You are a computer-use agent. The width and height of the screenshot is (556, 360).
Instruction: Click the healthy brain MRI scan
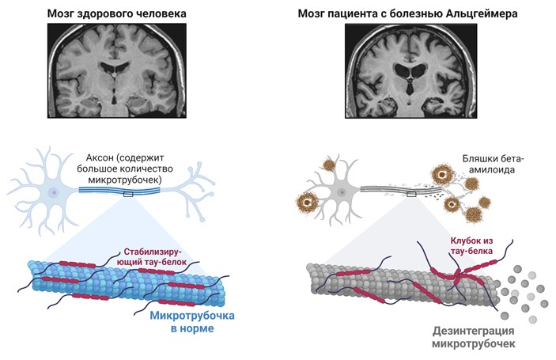tap(117, 70)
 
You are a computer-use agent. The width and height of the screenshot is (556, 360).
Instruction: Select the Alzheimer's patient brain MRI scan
tap(410, 70)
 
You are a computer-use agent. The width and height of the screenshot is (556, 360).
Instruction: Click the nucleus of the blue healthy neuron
tap(54, 192)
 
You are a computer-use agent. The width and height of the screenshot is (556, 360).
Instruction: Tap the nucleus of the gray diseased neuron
tap(342, 192)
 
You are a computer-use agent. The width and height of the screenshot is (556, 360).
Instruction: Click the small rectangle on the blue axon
tap(128, 194)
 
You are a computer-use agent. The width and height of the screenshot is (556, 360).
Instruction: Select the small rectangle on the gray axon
tap(411, 194)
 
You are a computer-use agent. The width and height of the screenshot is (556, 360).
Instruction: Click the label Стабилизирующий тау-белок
tap(153, 257)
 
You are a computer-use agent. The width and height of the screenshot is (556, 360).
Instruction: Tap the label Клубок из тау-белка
tap(471, 245)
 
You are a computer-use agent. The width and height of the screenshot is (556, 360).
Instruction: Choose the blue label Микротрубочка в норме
tap(192, 322)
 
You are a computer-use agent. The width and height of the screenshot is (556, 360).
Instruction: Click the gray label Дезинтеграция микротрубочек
tap(474, 337)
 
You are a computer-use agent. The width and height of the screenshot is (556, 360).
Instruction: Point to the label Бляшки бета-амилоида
tap(493, 164)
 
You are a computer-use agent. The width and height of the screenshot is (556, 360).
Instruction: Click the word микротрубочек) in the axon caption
tap(125, 180)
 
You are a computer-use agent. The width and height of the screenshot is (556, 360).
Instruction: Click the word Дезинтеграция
tap(474, 332)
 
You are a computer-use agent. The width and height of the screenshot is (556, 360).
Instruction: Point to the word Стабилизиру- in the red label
tap(153, 252)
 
